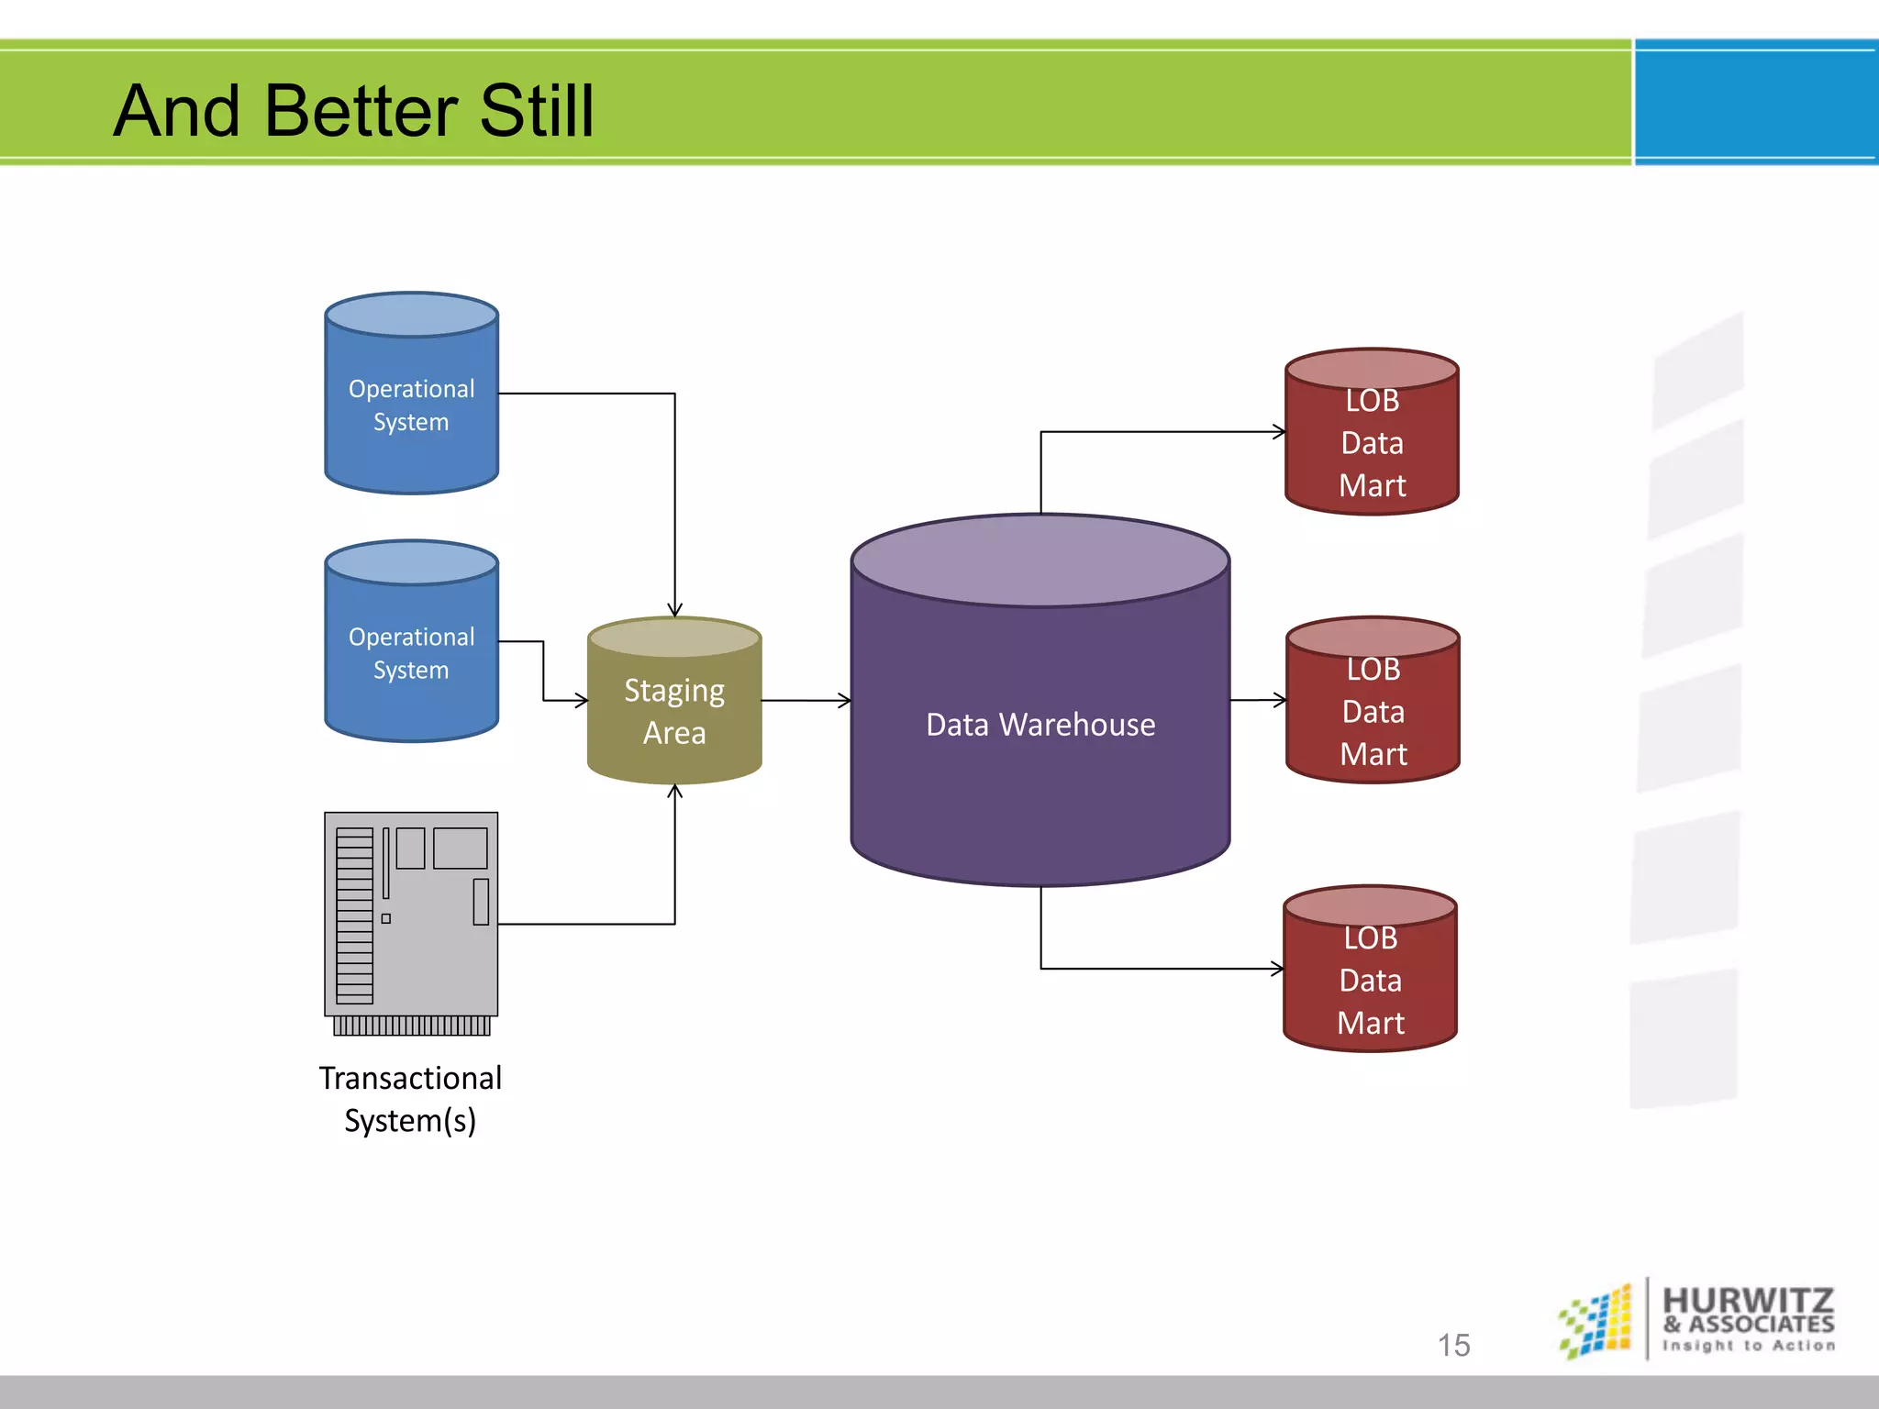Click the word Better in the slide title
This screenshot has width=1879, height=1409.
(x=363, y=111)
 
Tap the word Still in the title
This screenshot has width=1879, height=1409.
(x=536, y=111)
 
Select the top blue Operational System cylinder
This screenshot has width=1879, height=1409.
(x=411, y=404)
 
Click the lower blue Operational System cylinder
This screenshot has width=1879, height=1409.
(x=411, y=651)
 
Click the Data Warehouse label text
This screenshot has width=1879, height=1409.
(x=1040, y=725)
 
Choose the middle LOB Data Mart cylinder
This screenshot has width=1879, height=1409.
(x=1373, y=711)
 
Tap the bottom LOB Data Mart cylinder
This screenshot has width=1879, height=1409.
(x=1370, y=980)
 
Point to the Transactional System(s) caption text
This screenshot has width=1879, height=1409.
(x=410, y=1099)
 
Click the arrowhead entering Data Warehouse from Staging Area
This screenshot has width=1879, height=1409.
(x=845, y=701)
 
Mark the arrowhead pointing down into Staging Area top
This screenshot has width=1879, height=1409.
(x=674, y=611)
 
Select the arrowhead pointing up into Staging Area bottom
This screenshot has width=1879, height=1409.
(x=674, y=791)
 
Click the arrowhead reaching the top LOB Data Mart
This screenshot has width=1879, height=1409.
(x=1279, y=431)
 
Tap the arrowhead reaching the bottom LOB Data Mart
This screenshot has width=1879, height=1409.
(x=1277, y=969)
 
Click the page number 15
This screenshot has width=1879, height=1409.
(x=1453, y=1345)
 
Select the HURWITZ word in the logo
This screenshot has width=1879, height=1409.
(x=1748, y=1301)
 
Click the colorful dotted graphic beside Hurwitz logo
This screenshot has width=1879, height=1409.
(x=1596, y=1321)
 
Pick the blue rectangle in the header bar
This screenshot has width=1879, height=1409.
(x=1755, y=103)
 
